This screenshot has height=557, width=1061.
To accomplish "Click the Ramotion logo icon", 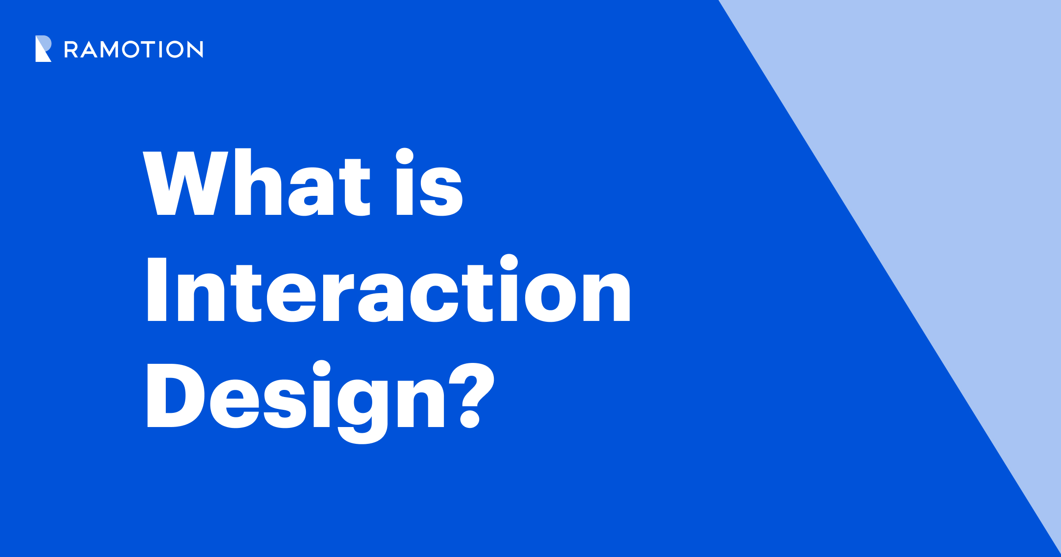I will pos(43,49).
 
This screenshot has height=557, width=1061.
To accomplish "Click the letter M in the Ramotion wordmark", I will pos(109,49).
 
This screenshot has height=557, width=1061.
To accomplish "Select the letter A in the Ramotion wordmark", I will pos(89,50).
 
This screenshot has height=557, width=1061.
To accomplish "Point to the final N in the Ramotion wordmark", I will pos(195,49).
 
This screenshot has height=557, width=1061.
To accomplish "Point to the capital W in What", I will pos(185,183).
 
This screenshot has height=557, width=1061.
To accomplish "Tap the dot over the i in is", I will pos(405,156).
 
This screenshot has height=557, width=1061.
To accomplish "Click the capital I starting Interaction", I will pos(156,289).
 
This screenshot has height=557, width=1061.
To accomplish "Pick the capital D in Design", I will pos(175,395).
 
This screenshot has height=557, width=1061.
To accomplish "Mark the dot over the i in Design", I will pos(321,368).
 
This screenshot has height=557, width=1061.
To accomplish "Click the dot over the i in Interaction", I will pos(509,262).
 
